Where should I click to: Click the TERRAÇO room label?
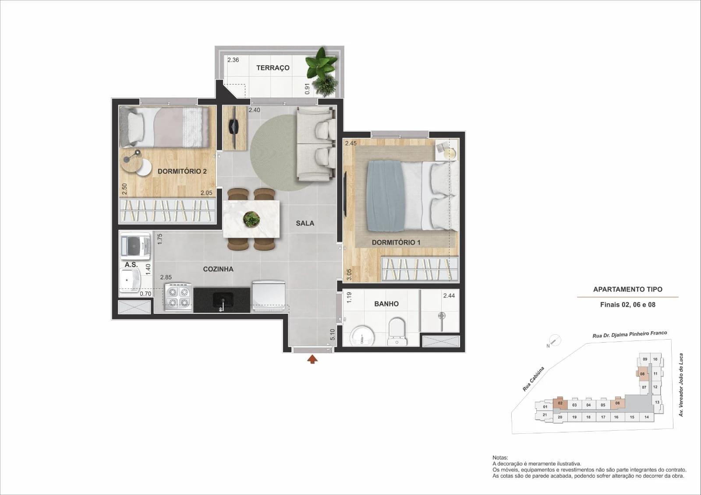(x=273, y=68)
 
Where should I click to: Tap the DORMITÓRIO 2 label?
(x=182, y=172)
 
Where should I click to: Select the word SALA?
(x=305, y=223)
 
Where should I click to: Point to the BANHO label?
(x=386, y=304)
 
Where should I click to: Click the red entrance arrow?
(x=312, y=359)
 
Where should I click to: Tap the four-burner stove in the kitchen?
(x=178, y=297)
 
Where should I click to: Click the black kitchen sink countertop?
(x=222, y=300)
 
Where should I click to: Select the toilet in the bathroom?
(x=397, y=332)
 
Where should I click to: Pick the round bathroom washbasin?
(x=362, y=336)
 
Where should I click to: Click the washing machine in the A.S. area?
(x=135, y=246)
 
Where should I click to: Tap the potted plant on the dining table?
(x=251, y=219)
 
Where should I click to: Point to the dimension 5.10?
(x=333, y=334)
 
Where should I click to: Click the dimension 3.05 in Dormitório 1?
(x=349, y=274)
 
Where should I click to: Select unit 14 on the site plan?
(x=647, y=417)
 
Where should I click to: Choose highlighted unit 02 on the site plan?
(x=560, y=404)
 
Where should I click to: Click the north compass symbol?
(x=555, y=340)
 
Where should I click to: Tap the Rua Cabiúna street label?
(x=534, y=379)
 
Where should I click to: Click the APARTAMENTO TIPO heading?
(x=628, y=290)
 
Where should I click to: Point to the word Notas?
(x=500, y=458)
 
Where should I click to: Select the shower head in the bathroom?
(x=442, y=316)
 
